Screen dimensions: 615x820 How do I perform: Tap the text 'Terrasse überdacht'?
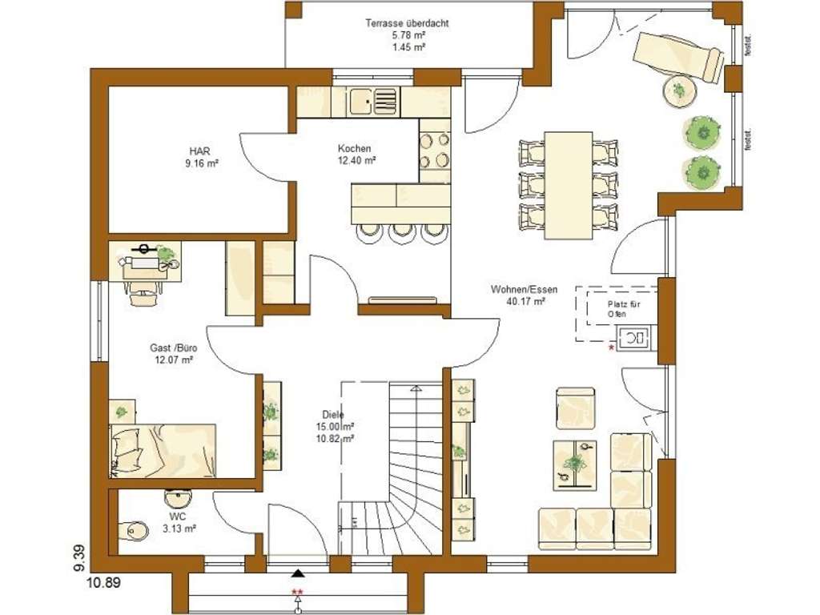point(407,24)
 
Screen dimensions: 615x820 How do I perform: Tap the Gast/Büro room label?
point(174,354)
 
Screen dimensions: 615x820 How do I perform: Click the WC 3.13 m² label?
point(178,523)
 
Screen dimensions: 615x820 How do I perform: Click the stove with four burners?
point(433,150)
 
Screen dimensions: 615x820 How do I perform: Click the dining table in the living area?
point(568,185)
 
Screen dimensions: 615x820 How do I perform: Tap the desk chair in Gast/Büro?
point(143,292)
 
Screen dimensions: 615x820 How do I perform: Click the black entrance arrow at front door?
point(298,573)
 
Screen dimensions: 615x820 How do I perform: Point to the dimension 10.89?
point(103,584)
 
